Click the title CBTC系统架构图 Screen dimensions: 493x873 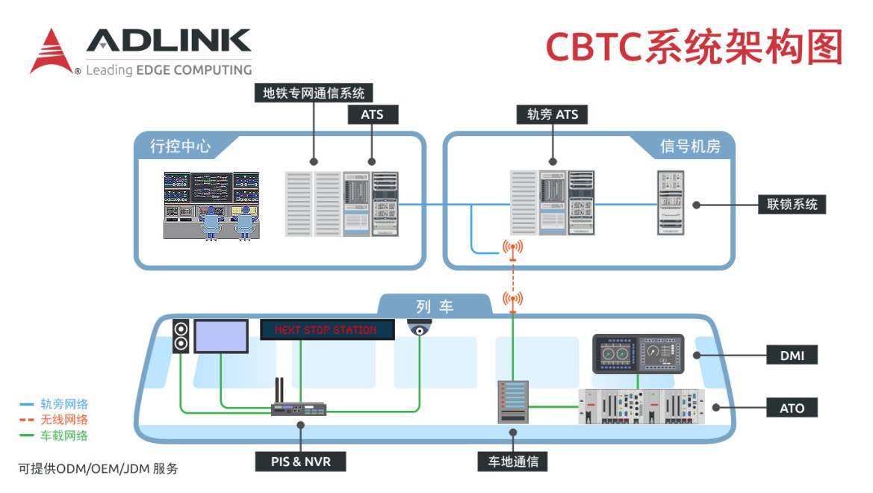[694, 47]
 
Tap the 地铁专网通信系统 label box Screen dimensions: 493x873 [313, 93]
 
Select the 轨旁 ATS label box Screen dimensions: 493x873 [552, 114]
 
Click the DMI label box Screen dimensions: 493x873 [792, 356]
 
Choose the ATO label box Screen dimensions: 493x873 [792, 408]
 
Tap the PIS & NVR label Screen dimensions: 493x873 [301, 461]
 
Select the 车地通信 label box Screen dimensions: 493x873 [512, 461]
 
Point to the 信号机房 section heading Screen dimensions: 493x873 [690, 146]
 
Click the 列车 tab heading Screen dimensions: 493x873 [435, 306]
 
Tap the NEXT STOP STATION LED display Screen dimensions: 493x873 [328, 329]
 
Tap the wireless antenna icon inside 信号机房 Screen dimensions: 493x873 [512, 249]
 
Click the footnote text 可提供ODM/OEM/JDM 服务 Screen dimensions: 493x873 [98, 469]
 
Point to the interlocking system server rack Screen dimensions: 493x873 [671, 202]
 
